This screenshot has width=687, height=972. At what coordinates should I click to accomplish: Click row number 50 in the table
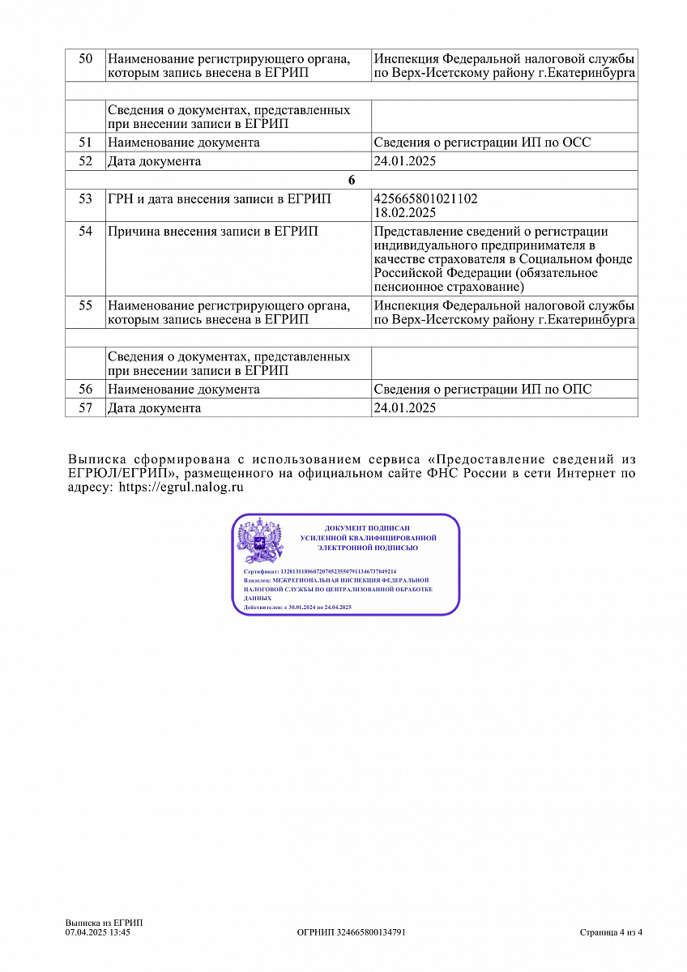pyautogui.click(x=86, y=59)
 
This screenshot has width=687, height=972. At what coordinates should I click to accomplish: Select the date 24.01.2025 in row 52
pyautogui.click(x=404, y=161)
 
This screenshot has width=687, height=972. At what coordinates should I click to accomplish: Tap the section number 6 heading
pyautogui.click(x=352, y=181)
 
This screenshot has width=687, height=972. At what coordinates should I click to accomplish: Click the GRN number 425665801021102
pyautogui.click(x=425, y=198)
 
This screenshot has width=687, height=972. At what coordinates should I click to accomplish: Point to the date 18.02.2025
pyautogui.click(x=404, y=212)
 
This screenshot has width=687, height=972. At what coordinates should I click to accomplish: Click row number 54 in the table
pyautogui.click(x=86, y=232)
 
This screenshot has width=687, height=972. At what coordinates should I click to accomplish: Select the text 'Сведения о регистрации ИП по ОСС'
pyautogui.click(x=482, y=143)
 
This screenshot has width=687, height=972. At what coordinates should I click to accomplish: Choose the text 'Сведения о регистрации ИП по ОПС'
pyautogui.click(x=482, y=390)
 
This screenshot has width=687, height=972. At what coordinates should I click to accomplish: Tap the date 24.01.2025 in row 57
pyautogui.click(x=404, y=408)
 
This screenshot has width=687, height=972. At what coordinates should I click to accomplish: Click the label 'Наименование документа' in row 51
pyautogui.click(x=184, y=143)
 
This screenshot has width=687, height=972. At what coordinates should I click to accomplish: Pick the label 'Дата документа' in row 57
pyautogui.click(x=154, y=408)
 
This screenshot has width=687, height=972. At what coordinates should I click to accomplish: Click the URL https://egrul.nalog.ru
pyautogui.click(x=181, y=488)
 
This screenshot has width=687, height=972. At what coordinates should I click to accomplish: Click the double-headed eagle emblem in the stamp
pyautogui.click(x=259, y=542)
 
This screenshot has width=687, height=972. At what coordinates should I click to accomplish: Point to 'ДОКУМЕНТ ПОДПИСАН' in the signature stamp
pyautogui.click(x=367, y=528)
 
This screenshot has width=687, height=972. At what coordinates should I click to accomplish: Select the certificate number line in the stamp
pyautogui.click(x=319, y=571)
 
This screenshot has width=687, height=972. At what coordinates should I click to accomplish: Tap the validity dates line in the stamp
pyautogui.click(x=297, y=607)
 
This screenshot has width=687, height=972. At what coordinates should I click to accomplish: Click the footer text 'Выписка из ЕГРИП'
pyautogui.click(x=104, y=923)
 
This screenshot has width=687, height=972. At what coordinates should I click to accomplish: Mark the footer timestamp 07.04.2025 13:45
pyautogui.click(x=98, y=932)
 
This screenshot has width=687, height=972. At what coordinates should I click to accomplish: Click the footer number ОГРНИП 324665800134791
pyautogui.click(x=351, y=932)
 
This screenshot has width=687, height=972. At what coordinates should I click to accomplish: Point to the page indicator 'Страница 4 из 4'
pyautogui.click(x=611, y=932)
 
